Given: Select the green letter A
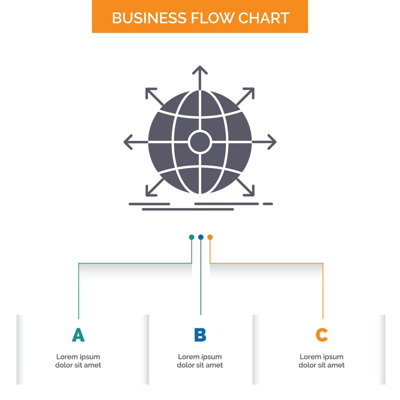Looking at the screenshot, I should click(x=78, y=335).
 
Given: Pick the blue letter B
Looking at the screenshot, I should click(x=200, y=335).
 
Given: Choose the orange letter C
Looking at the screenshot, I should click(x=322, y=335).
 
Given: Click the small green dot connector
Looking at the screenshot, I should click(x=191, y=237).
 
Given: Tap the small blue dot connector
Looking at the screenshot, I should click(x=201, y=237).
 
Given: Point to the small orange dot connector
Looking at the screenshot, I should click(x=210, y=237).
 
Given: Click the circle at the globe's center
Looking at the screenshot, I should click(x=200, y=142).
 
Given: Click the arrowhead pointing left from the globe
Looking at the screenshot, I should click(x=128, y=142).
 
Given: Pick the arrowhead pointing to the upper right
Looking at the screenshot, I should click(x=250, y=92).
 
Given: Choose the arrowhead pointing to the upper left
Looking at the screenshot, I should click(x=150, y=92).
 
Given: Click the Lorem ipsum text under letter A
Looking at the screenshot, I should click(x=78, y=361).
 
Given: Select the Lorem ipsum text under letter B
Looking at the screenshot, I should click(x=200, y=361).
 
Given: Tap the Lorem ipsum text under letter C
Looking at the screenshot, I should click(x=322, y=361).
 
